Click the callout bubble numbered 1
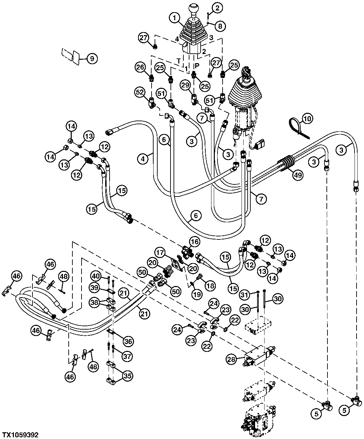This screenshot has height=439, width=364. click(x=175, y=18)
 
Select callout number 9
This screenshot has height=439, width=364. click(x=92, y=59)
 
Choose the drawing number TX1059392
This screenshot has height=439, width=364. click(x=20, y=435)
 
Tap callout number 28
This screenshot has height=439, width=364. click(x=231, y=359)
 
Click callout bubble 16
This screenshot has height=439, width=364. click(x=195, y=242)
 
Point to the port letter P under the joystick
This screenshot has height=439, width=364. click(x=197, y=66)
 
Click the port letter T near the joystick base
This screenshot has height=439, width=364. click(x=179, y=61)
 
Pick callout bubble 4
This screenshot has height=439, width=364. click(x=143, y=159)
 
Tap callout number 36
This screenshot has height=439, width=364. click(x=128, y=341)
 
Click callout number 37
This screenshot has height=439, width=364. click(x=127, y=356)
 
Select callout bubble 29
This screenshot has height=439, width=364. click(x=185, y=85)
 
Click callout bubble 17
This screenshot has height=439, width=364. click(x=160, y=252)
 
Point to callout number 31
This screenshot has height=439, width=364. click(x=245, y=295)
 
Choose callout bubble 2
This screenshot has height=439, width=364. click(x=217, y=8)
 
